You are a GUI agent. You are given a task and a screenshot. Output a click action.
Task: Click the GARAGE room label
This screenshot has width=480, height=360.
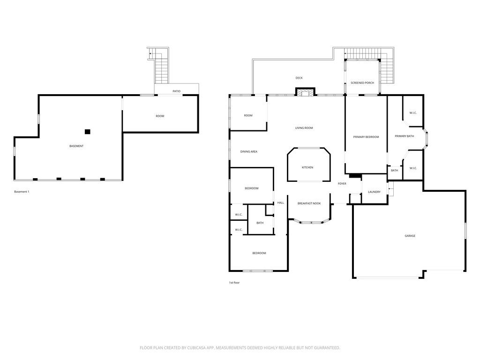410,236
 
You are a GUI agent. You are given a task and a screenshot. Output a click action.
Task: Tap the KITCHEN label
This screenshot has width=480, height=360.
307,167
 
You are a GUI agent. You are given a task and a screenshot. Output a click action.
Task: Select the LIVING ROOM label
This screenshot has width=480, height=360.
304,128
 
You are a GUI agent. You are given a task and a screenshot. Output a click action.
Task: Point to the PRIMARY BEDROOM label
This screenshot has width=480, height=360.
366,137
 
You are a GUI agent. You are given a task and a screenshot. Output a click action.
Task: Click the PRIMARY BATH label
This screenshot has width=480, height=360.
404,136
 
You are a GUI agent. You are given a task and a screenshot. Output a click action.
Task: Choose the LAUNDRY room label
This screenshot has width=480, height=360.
374,192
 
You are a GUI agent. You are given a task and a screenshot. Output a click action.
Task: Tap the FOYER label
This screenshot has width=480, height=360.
342,183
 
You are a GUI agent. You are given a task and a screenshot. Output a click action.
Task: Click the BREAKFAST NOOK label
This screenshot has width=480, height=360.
309,203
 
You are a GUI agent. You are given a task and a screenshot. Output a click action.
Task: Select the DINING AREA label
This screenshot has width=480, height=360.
248,152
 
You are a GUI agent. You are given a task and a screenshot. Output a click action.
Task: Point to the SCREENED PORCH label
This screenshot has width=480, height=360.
362,83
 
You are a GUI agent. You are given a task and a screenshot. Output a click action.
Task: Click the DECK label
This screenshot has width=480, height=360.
299,78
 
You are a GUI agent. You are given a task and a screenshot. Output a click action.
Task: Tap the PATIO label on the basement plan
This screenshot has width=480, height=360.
176,91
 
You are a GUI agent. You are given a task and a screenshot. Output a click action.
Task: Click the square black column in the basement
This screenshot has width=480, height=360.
87,132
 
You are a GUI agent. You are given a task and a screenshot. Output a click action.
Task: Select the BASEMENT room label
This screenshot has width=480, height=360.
76,146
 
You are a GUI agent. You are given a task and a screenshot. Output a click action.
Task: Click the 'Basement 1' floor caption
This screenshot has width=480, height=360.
22,192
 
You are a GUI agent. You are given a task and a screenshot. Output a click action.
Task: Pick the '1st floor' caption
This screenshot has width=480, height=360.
234,283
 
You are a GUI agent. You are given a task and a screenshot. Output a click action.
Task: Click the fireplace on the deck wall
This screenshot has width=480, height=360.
305,92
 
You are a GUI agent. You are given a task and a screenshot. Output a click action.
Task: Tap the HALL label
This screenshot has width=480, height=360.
280,203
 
